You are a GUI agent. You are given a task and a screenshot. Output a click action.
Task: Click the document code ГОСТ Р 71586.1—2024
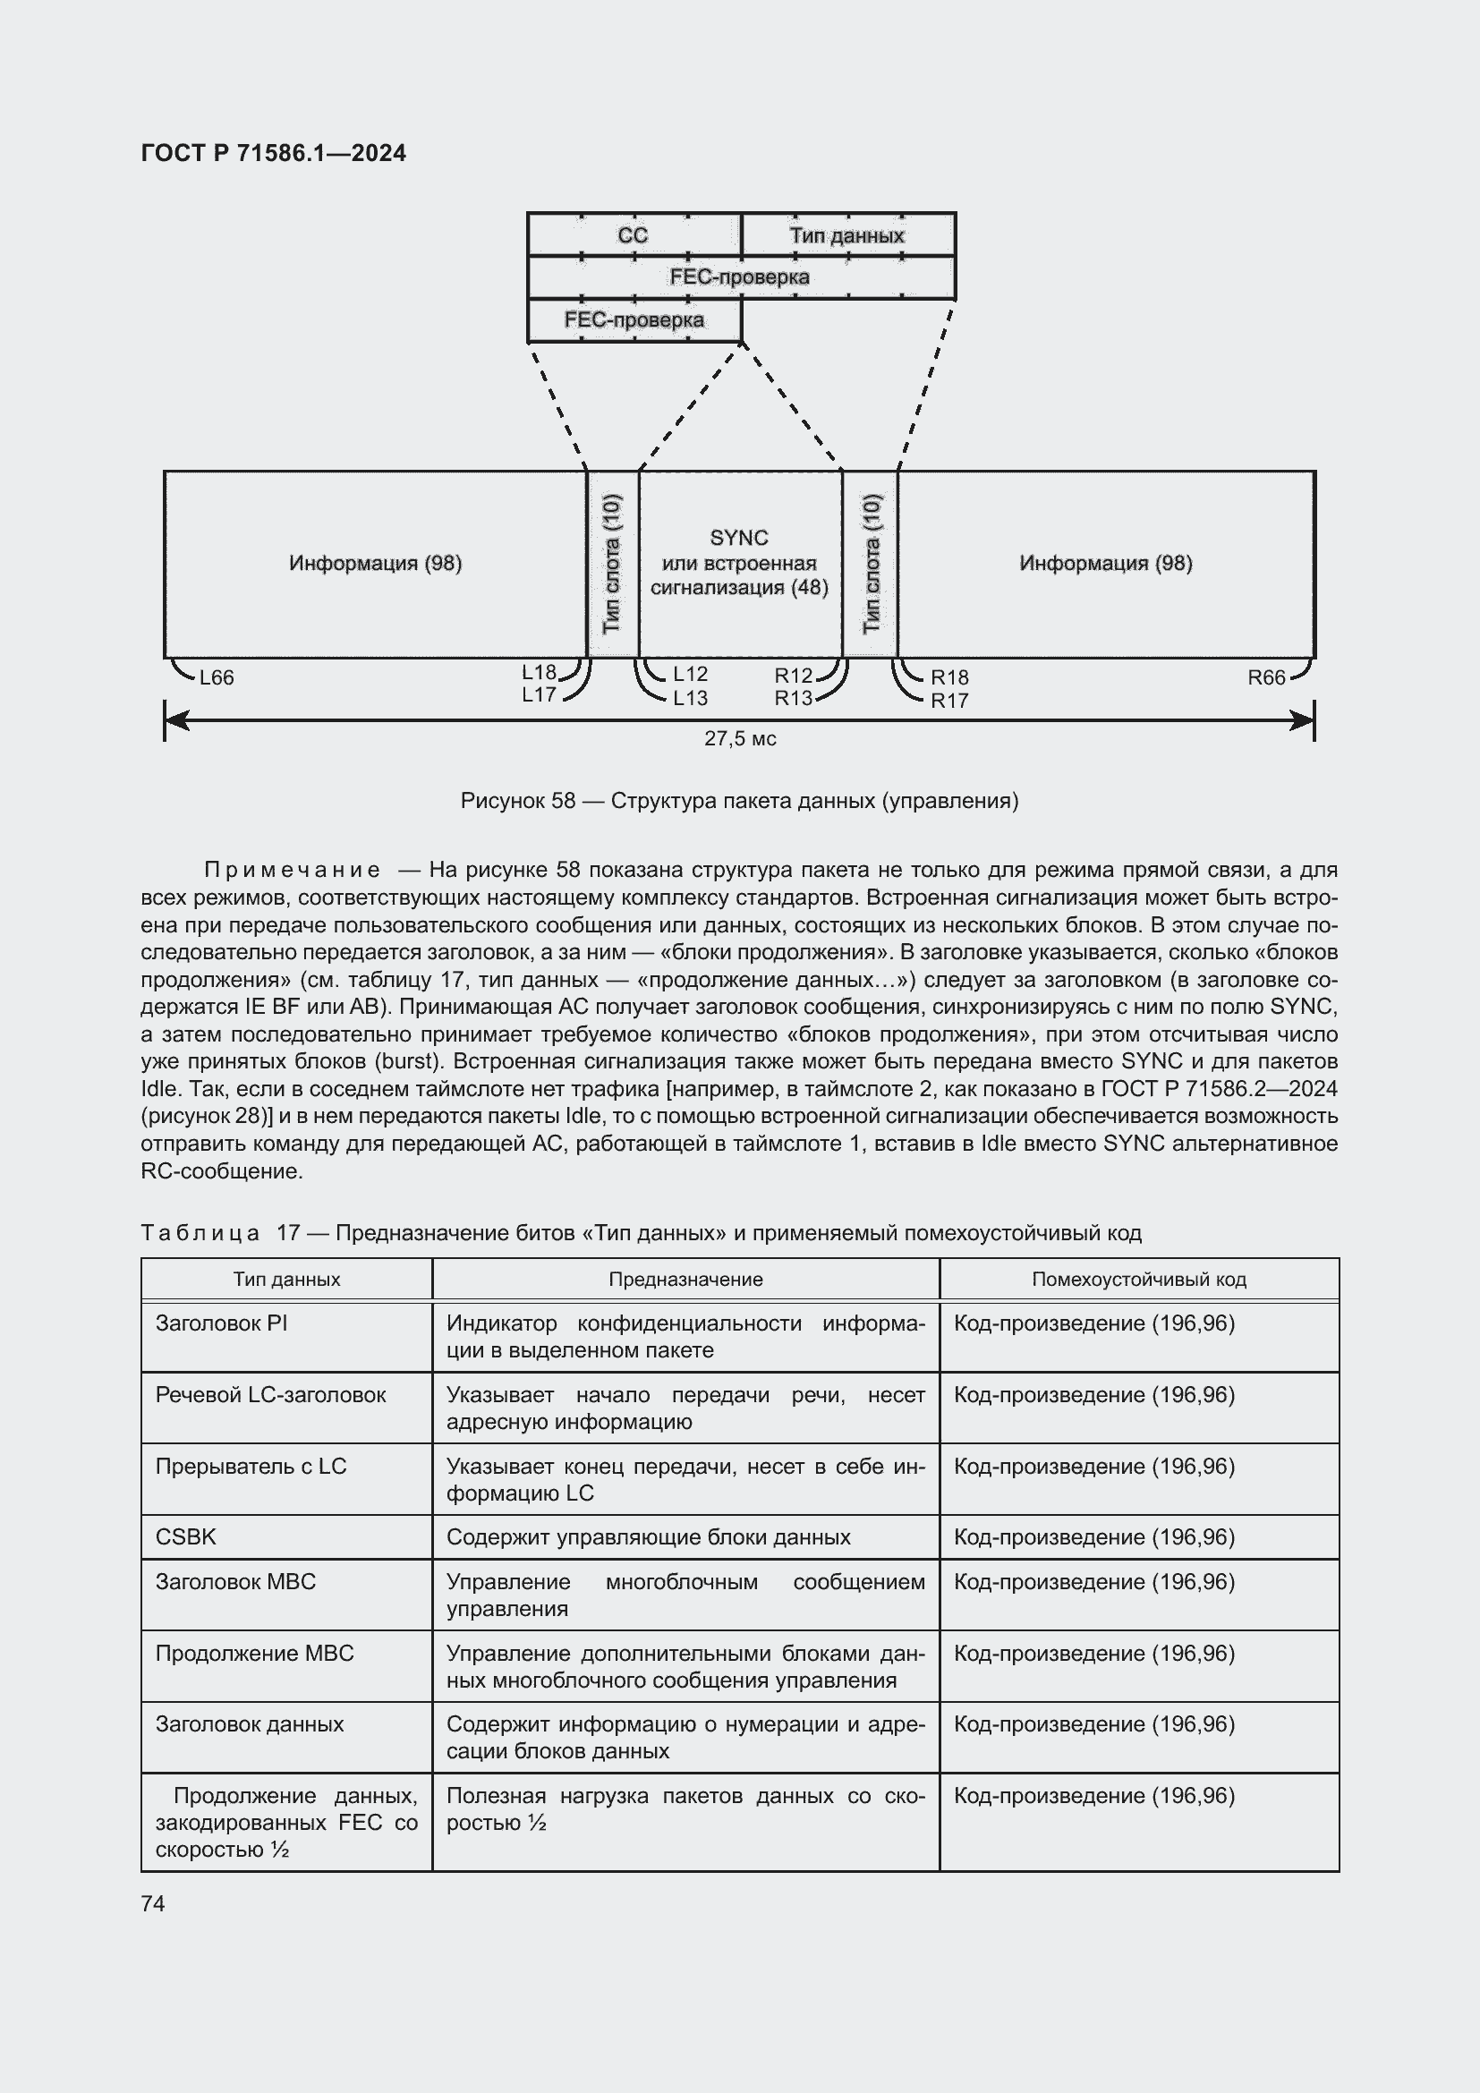pyautogui.click(x=274, y=153)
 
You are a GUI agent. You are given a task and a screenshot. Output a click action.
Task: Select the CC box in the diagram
pyautogui.click(x=634, y=235)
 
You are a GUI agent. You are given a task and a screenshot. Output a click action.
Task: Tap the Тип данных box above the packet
pyautogui.click(x=847, y=235)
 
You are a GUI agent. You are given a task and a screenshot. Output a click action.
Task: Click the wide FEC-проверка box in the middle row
pyautogui.click(x=740, y=277)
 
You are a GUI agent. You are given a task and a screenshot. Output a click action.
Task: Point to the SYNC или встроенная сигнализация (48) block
pyautogui.click(x=740, y=564)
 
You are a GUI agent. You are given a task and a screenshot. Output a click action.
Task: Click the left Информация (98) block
pyautogui.click(x=376, y=564)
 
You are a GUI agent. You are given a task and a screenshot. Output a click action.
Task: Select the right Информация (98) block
pyautogui.click(x=1105, y=564)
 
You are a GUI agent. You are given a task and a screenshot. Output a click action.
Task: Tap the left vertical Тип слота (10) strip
pyautogui.click(x=612, y=564)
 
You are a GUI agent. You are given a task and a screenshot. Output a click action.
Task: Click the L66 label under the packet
pyautogui.click(x=217, y=677)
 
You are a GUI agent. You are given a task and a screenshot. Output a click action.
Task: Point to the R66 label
pyautogui.click(x=1266, y=677)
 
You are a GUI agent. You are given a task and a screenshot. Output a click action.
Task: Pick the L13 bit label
pyautogui.click(x=690, y=698)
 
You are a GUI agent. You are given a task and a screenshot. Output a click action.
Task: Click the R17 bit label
pyautogui.click(x=948, y=701)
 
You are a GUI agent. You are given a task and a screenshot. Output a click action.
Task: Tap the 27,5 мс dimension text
pyautogui.click(x=740, y=739)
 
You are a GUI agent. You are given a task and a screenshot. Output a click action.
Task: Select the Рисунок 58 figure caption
pyautogui.click(x=740, y=801)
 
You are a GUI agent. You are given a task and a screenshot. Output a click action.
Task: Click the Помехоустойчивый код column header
pyautogui.click(x=1138, y=1279)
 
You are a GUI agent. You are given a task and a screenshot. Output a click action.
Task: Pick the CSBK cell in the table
pyautogui.click(x=186, y=1537)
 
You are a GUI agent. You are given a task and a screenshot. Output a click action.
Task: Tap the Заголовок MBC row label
pyautogui.click(x=235, y=1581)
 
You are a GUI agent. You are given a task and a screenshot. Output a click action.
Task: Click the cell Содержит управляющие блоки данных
pyautogui.click(x=648, y=1537)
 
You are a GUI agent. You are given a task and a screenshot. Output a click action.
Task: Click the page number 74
pyautogui.click(x=153, y=1903)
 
